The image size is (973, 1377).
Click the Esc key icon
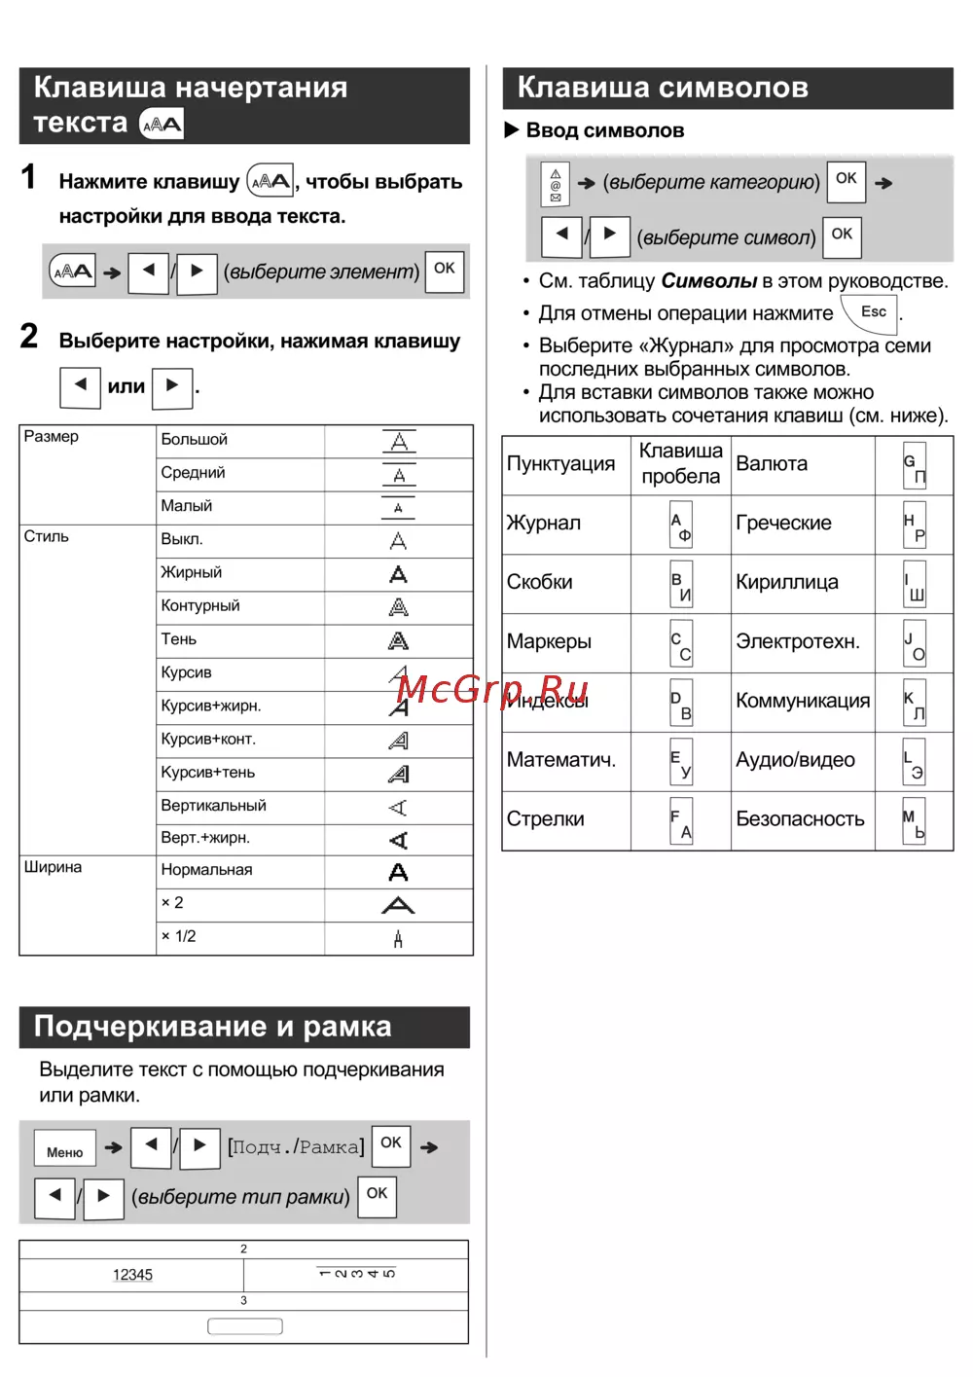[873, 312]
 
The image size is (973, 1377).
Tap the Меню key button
[65, 1151]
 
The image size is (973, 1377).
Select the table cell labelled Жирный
[192, 572]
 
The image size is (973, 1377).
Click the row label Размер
[52, 437]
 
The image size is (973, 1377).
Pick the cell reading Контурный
[200, 605]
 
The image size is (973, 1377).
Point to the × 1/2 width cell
[179, 936]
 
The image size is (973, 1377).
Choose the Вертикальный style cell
[213, 806]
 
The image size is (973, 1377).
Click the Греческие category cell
[783, 524]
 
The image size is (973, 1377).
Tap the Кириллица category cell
[786, 583]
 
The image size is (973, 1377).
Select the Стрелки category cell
[545, 819]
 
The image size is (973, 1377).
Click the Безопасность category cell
[800, 819]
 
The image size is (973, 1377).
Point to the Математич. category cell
[560, 760]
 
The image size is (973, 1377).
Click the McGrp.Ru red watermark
[493, 690]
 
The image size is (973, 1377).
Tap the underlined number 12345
[132, 1275]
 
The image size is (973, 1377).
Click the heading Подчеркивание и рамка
[212, 1027]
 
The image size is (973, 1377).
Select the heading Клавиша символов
[663, 88]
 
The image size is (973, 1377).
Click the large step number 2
[29, 337]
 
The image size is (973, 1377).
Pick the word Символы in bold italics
[708, 281]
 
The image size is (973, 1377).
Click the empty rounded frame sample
[245, 1326]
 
